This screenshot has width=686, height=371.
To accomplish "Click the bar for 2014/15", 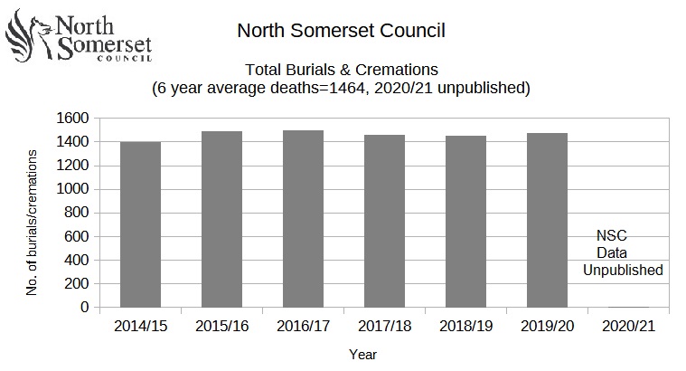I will (x=140, y=224).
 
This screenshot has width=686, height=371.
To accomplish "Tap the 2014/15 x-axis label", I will (x=140, y=325).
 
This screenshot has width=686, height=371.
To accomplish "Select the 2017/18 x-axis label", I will (x=384, y=325).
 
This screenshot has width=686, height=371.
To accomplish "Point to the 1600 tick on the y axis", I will (x=73, y=119).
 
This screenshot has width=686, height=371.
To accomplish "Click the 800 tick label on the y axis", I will (x=78, y=213).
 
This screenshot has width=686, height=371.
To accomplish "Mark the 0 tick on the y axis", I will (x=84, y=308).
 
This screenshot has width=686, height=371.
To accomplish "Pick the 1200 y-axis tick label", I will (x=73, y=166).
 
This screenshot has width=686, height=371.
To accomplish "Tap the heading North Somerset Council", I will (x=341, y=31).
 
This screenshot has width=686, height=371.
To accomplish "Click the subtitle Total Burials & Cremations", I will (x=341, y=70).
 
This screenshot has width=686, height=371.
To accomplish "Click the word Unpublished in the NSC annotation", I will (x=623, y=270).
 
